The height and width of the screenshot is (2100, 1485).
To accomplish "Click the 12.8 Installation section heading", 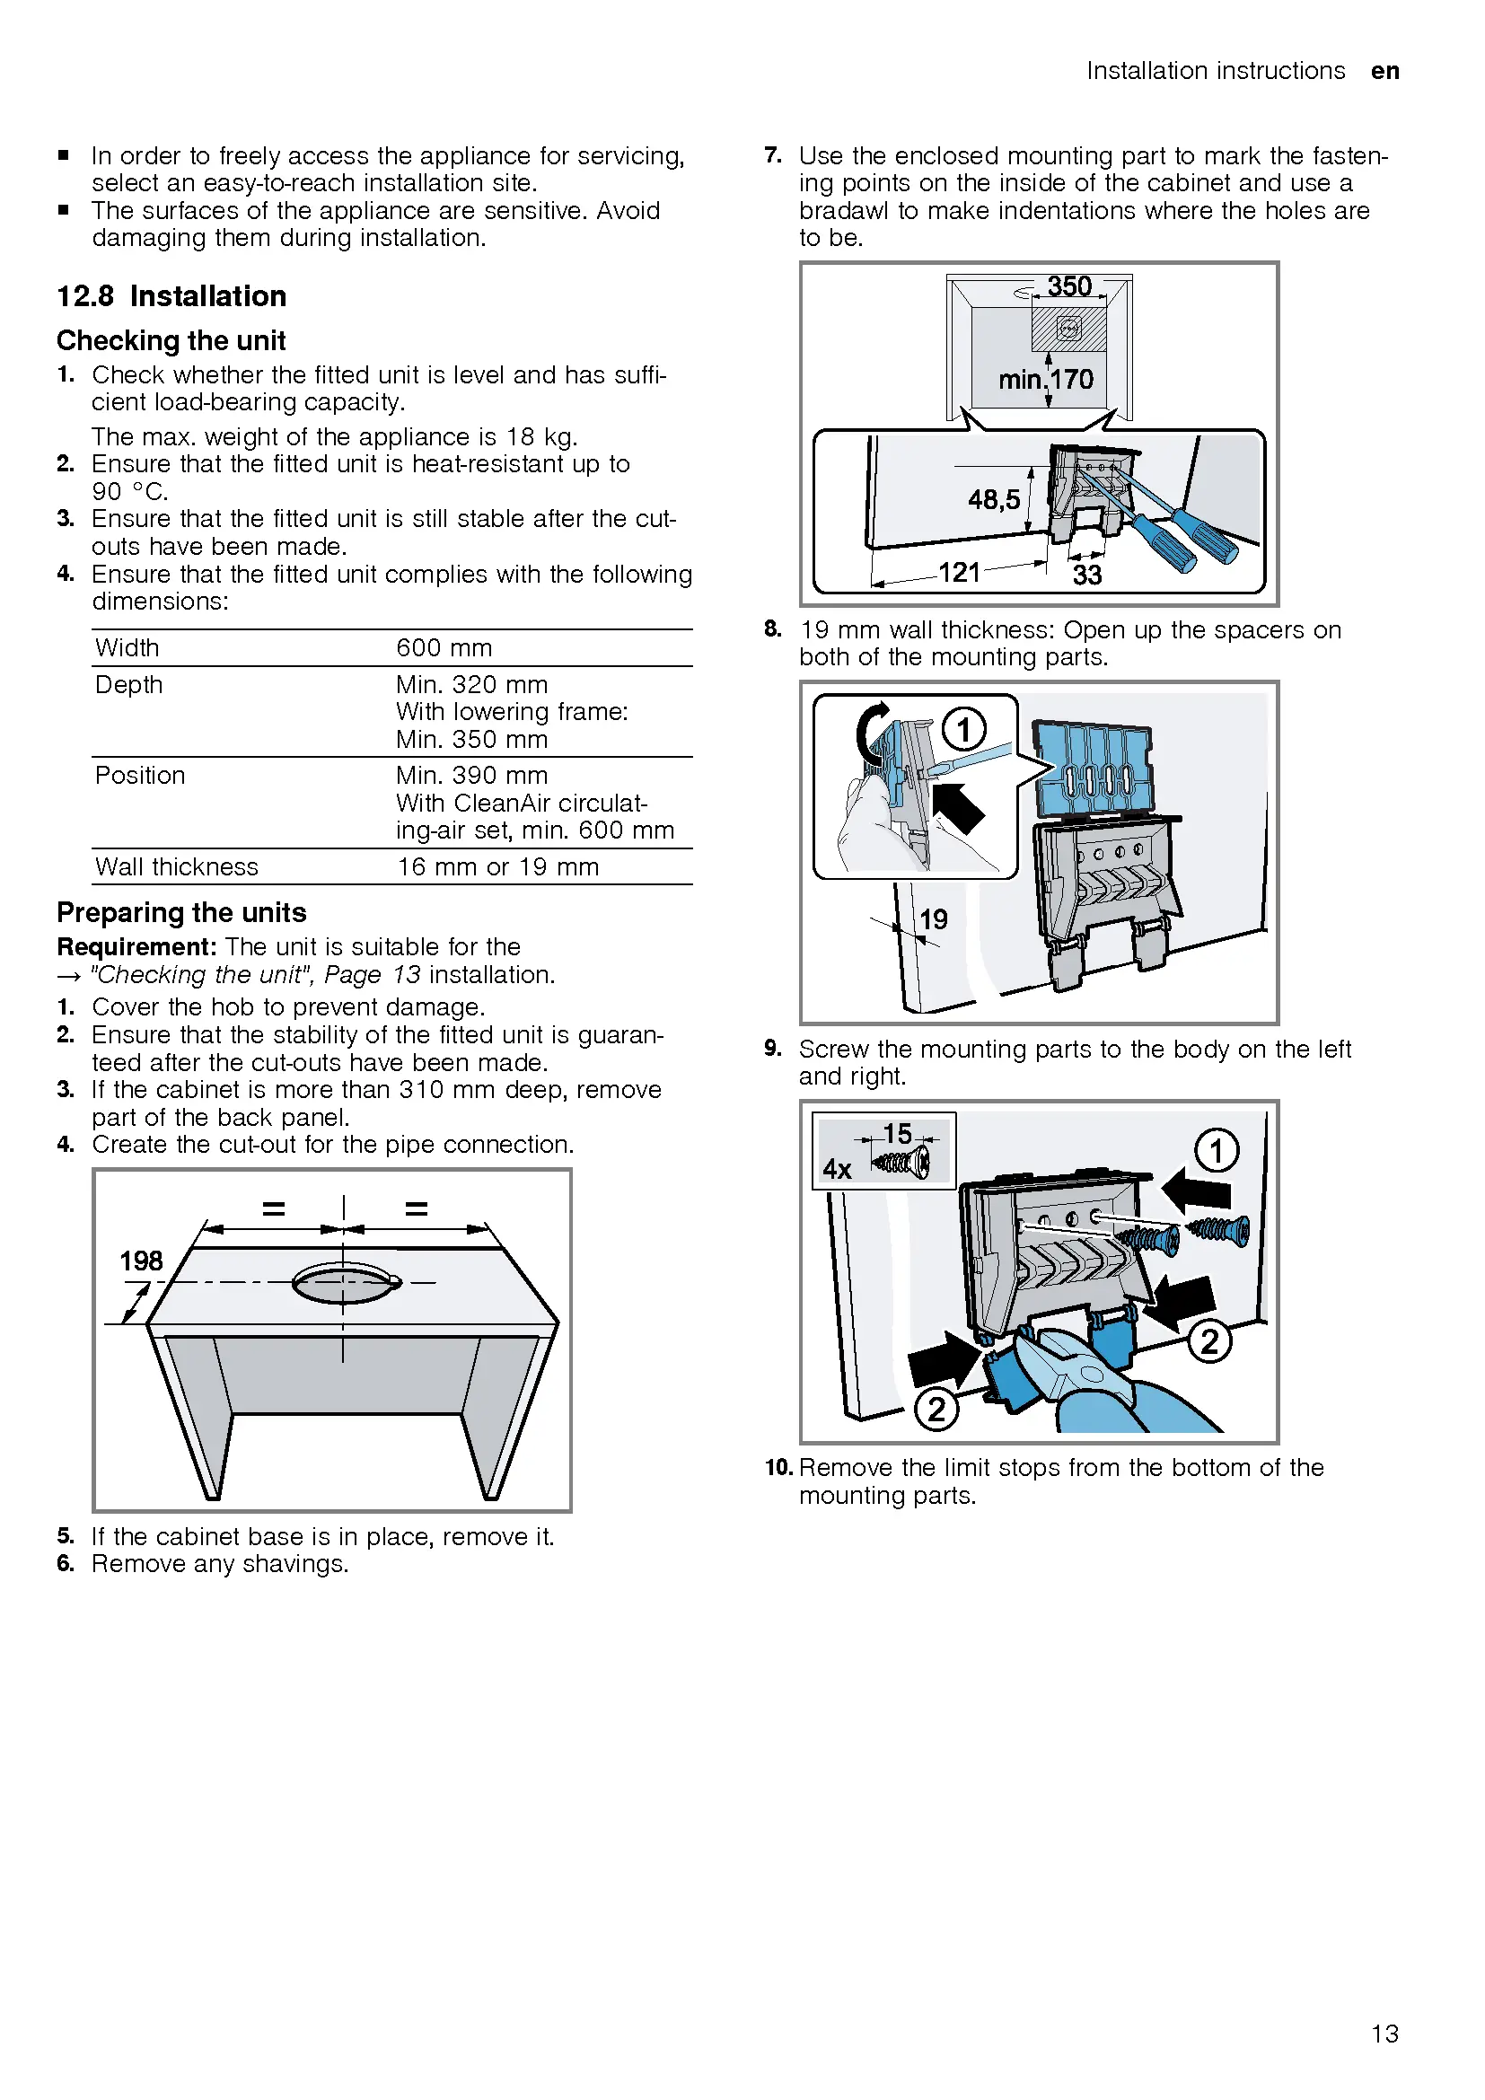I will pos(171,296).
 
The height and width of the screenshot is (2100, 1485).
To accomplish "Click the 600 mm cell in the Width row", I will pos(444,648).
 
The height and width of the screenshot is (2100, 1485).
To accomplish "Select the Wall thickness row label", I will pos(177,867).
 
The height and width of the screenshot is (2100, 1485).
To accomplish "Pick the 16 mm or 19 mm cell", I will pos(497,867).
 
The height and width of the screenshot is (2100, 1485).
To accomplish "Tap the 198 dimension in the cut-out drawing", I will pos(141,1261).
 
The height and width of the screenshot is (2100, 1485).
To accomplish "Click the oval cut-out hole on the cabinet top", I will pos(346,1282).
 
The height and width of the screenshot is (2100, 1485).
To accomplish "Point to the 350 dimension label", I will pos(1069,287).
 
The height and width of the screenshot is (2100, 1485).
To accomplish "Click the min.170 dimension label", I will pos(1045,380).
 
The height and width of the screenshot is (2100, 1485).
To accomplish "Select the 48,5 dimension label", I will pos(994,499).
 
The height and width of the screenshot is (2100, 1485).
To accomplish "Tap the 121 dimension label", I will pos(959,573).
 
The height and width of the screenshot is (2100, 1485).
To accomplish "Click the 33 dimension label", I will pos(1086,576).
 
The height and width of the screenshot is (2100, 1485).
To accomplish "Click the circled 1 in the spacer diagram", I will pos(963,730).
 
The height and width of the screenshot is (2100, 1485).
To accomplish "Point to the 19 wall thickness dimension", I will pos(933,919).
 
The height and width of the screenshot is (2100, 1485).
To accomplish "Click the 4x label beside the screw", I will pos(837,1169).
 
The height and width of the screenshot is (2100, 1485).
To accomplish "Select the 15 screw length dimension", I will pos(897,1134).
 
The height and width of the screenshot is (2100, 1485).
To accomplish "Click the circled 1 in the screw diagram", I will pos(1217,1151).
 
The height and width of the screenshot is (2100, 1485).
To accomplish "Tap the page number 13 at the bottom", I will pos(1384,2034).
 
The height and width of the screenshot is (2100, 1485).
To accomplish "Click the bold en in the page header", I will pos(1384,71).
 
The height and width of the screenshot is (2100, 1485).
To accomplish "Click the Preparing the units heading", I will pos(181,913).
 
